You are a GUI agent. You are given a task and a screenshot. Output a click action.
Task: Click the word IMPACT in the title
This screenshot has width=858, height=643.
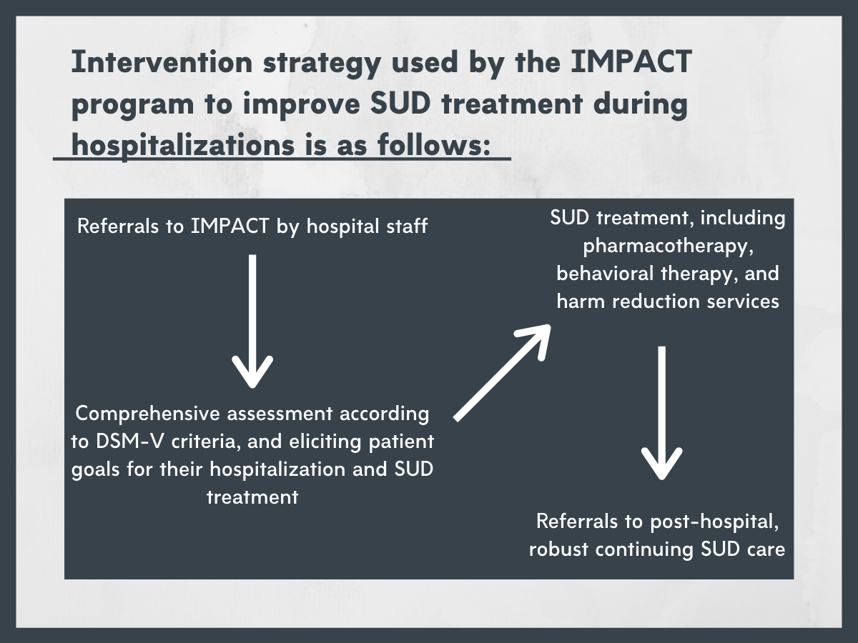[631, 62]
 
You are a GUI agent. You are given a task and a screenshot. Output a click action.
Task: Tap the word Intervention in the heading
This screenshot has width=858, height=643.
[162, 62]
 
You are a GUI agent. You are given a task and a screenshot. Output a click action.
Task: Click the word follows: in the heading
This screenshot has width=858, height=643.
[434, 145]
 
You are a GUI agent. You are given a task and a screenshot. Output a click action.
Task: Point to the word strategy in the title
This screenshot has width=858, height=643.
[322, 64]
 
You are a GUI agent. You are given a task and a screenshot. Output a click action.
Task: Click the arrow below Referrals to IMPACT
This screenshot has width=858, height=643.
[252, 321]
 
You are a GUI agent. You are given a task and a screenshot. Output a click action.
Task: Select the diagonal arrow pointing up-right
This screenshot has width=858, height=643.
[503, 373]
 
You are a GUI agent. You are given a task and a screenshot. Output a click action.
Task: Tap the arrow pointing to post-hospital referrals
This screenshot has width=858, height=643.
[662, 413]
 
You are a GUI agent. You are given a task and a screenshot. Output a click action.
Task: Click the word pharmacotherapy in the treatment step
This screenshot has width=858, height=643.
[669, 246]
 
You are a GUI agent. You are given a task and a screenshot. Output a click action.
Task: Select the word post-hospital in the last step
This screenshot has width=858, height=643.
[714, 522]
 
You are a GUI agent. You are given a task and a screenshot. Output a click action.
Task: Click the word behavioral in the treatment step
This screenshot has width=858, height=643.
[605, 274]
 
